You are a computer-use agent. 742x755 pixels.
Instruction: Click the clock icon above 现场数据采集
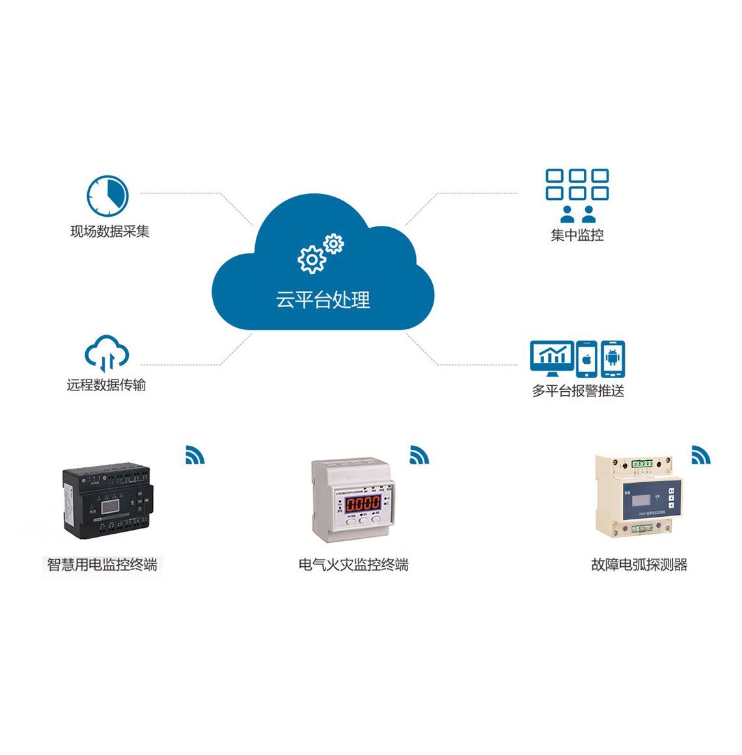tap(107, 196)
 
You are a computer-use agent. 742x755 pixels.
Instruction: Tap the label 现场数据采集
tap(109, 232)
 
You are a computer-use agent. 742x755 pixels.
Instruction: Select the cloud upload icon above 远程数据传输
tap(106, 353)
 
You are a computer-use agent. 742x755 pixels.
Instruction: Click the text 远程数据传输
tap(106, 385)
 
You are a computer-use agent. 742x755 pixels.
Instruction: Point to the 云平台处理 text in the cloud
tap(323, 300)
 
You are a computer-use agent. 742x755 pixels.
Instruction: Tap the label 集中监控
tap(577, 236)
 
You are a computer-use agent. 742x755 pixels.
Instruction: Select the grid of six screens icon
tap(577, 184)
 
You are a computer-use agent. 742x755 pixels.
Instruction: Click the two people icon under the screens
tap(578, 214)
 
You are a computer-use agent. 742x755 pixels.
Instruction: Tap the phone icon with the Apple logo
tap(586, 359)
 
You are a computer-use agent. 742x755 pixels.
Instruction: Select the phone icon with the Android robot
tap(612, 359)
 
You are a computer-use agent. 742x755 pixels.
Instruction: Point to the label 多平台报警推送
tap(578, 391)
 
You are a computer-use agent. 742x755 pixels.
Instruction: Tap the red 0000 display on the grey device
tap(363, 503)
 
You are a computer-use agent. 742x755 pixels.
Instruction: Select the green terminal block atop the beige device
tap(642, 464)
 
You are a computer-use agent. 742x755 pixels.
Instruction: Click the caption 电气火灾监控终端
tap(353, 565)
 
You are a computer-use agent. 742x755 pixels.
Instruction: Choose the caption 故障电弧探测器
tap(639, 565)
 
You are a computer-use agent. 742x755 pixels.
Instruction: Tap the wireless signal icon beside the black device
tap(195, 455)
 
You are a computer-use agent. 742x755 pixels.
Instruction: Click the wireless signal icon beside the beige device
tap(700, 455)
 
